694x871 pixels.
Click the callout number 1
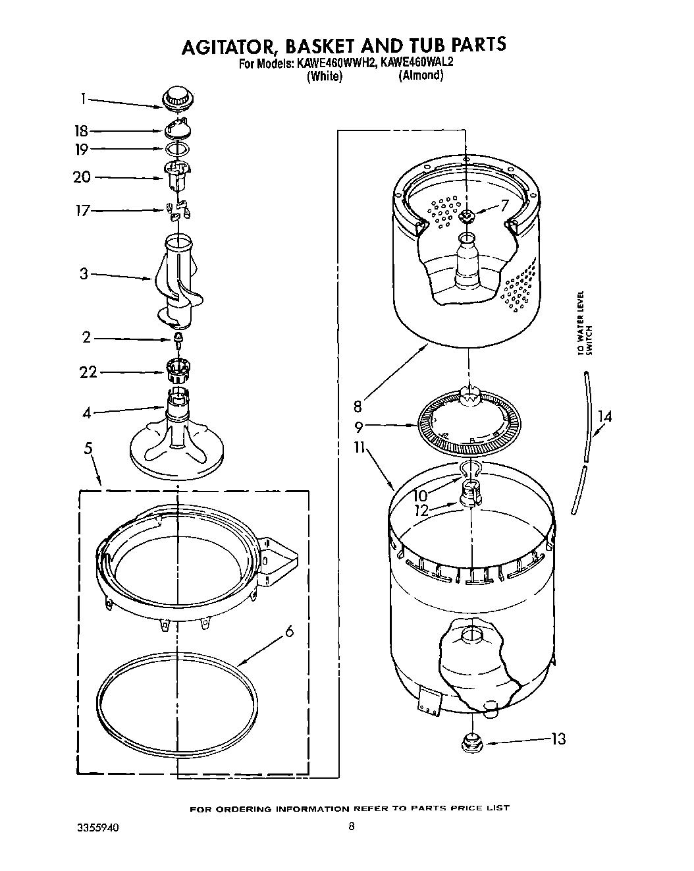[83, 99]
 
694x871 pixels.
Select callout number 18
[81, 131]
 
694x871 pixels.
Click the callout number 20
[82, 177]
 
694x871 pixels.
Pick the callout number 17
[81, 211]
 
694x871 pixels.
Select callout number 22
[88, 372]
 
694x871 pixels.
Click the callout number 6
[288, 632]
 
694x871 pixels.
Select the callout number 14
[604, 416]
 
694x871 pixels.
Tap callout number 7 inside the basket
[504, 206]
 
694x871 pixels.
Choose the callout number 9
[359, 426]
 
